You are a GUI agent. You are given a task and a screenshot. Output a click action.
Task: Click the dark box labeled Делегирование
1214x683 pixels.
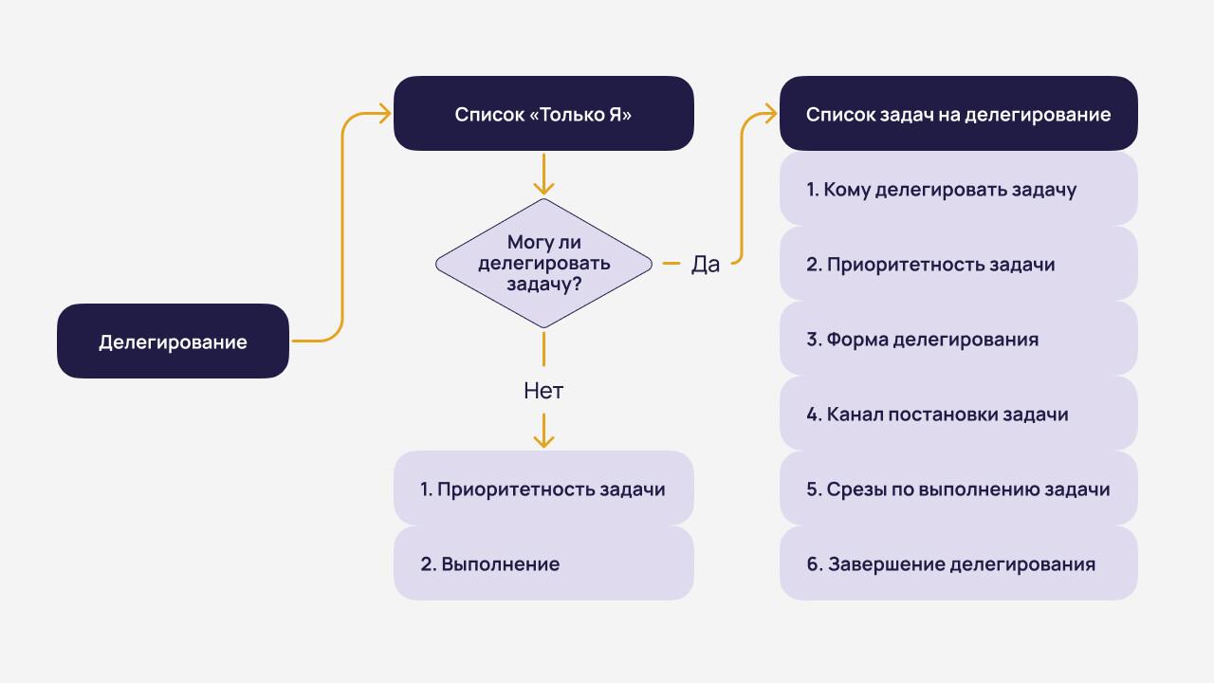click(x=173, y=341)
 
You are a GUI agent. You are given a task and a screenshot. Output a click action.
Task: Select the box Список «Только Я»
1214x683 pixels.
click(x=543, y=114)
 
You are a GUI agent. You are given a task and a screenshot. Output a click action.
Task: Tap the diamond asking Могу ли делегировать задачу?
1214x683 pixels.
click(x=543, y=263)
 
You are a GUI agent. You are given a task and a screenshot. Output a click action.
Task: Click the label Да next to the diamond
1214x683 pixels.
click(x=706, y=265)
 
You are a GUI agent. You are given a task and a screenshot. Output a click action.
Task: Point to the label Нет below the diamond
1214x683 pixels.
click(x=543, y=390)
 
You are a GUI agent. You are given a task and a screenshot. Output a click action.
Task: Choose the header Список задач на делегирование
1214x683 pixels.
click(x=958, y=114)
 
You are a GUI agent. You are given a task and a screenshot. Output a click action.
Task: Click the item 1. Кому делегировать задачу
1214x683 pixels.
click(x=958, y=190)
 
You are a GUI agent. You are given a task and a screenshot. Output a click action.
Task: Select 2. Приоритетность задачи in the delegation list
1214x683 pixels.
click(x=958, y=264)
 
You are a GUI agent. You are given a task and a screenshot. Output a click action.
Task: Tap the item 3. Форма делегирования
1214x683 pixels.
click(x=958, y=339)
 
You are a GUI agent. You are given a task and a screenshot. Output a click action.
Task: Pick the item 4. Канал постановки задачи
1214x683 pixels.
click(x=958, y=414)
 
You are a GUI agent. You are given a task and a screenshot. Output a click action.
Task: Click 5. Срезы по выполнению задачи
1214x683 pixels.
click(x=958, y=489)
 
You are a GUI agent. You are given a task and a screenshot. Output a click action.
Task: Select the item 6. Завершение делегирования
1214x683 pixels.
click(x=958, y=564)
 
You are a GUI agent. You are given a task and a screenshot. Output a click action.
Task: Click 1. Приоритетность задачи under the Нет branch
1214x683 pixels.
click(x=543, y=489)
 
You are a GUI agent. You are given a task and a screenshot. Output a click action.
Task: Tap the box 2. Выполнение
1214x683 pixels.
click(x=543, y=564)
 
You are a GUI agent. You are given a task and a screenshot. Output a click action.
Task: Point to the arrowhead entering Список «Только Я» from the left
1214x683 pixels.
click(x=385, y=114)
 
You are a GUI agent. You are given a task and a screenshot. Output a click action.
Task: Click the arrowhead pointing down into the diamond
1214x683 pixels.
click(x=543, y=189)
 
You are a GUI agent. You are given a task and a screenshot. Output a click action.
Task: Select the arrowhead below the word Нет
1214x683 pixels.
click(x=543, y=441)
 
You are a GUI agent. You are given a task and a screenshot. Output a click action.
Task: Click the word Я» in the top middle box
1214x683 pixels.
click(x=619, y=115)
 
